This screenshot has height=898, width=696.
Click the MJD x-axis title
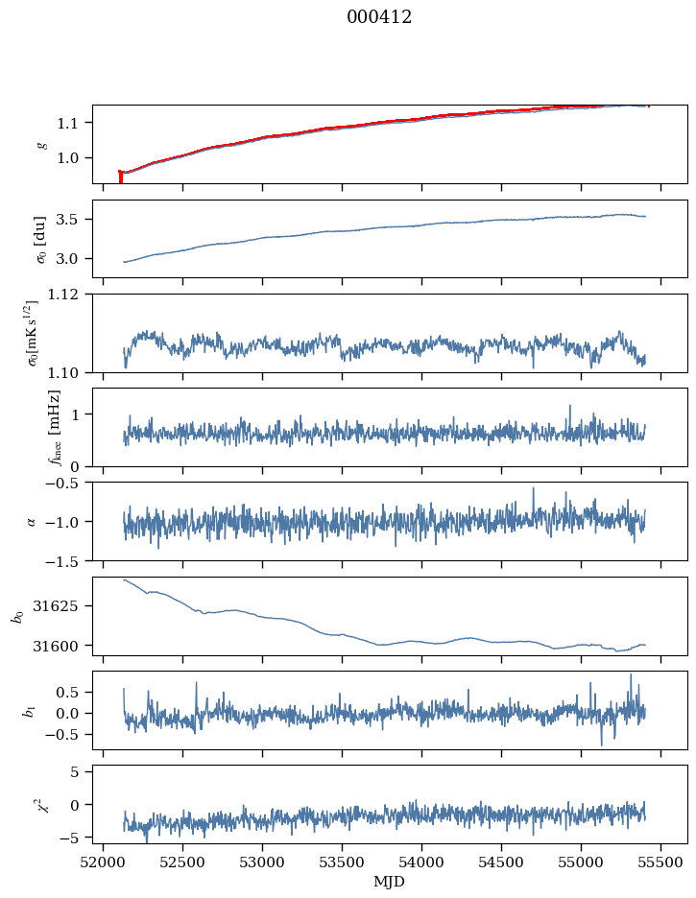(x=390, y=881)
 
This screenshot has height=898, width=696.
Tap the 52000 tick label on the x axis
(x=104, y=862)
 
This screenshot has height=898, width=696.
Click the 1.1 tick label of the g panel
(x=74, y=123)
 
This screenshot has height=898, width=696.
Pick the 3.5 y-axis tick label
(x=74, y=220)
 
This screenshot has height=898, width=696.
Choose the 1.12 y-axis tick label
(x=69, y=295)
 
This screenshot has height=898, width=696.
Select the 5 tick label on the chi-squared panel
(x=82, y=771)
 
